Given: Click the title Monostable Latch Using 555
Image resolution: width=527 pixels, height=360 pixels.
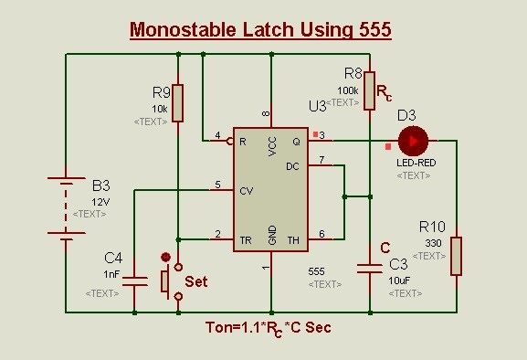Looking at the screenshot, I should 260,29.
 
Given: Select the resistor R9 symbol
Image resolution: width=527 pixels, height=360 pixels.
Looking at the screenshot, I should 177,103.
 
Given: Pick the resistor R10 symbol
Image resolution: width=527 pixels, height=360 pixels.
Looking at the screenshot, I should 456,256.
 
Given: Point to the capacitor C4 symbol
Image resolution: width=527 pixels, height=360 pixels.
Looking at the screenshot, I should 134,280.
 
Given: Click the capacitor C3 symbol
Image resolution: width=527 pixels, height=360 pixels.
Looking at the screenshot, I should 370,269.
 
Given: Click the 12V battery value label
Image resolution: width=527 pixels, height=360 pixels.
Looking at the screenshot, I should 100,201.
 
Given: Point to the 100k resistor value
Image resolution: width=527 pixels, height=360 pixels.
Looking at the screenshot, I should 347,90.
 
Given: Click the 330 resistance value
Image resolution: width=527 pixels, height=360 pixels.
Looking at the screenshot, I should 434,242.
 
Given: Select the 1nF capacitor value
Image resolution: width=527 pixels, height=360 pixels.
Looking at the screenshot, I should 111,273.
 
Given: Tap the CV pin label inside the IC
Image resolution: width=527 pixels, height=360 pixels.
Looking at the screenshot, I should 246,192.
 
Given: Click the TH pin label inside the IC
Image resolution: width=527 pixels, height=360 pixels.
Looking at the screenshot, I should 294,240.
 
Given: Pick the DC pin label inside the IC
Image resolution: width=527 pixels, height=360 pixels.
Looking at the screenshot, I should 293,167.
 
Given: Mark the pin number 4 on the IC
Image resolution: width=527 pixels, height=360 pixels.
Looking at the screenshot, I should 216,136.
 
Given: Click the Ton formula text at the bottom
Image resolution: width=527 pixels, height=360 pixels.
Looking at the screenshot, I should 268,328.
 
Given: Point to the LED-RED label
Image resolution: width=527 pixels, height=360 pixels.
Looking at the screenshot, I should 416,163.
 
